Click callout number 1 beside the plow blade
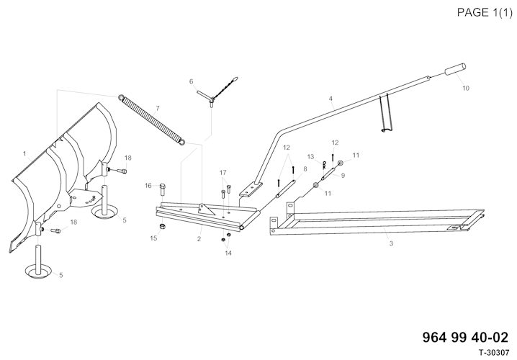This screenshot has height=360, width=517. coord(24,153)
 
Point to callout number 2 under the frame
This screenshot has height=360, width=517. coord(199,238)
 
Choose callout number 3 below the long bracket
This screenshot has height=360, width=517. coord(390,245)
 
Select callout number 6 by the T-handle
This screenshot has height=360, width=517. coord(191,81)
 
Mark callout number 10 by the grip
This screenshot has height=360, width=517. coord(465,88)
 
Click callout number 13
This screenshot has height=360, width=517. coord(311,156)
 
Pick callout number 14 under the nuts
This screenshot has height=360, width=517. coord(228,253)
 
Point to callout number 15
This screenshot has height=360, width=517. coord(153,238)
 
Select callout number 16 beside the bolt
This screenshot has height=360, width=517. coord(148,186)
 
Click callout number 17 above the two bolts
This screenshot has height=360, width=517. coord(223,172)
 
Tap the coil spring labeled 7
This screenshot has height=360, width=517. coord(153,122)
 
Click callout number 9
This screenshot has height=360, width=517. coord(342,175)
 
